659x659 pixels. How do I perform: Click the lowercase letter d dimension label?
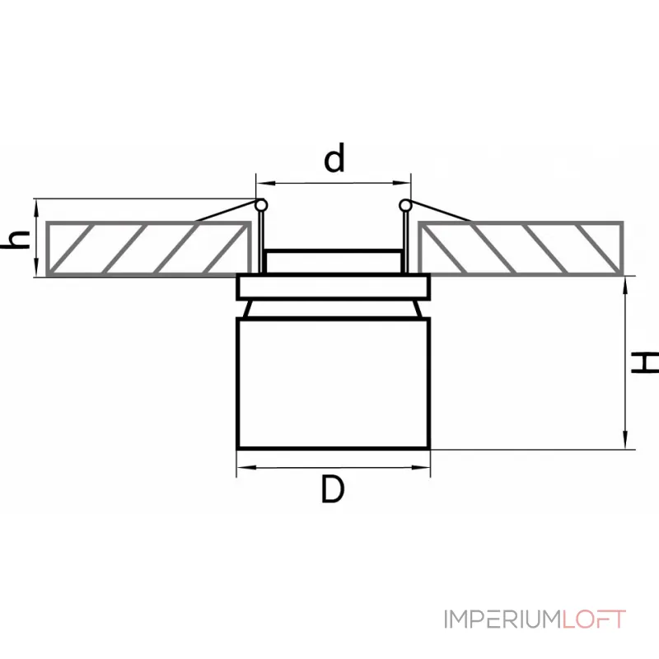tap(334, 159)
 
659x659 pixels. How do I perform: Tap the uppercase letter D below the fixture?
tap(332, 490)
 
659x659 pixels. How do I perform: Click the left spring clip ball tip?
tap(261, 205)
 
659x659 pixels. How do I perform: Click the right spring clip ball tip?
tap(404, 205)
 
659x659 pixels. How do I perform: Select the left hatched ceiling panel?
tap(148, 248)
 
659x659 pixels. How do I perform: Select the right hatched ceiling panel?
tap(521, 248)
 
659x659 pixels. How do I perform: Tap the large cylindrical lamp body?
tap(333, 383)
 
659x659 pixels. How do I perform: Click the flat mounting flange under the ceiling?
tap(333, 287)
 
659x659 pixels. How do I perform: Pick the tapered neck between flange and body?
tap(333, 309)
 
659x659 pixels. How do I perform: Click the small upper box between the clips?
tap(333, 261)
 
